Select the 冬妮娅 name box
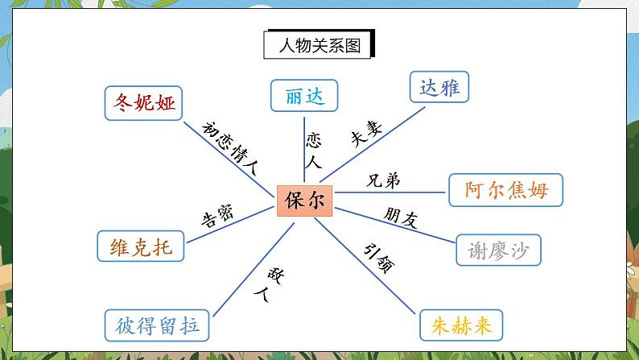(144, 103)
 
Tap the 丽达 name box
(303, 95)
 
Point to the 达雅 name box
(439, 87)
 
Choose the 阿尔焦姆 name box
(505, 190)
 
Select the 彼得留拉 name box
(157, 325)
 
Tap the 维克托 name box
(140, 246)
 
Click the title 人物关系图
(320, 44)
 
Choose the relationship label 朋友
(400, 217)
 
